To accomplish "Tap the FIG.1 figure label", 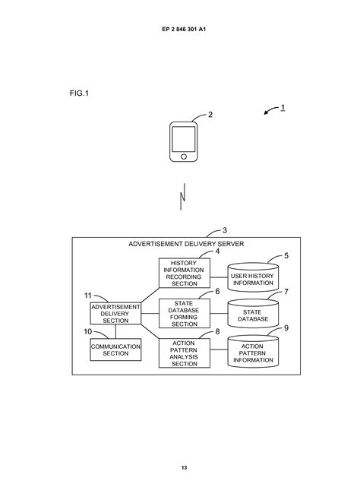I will tap(79, 93).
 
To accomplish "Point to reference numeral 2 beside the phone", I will tap(210, 115).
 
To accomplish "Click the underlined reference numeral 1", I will tap(283, 107).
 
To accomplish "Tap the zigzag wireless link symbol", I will tap(182, 198).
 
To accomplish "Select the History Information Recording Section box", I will tap(183, 273).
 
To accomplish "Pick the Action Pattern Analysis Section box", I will tap(183, 353).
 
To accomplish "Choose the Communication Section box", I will tap(115, 349).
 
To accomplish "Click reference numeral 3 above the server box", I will tap(224, 229).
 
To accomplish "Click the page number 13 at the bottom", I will tap(183, 467).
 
